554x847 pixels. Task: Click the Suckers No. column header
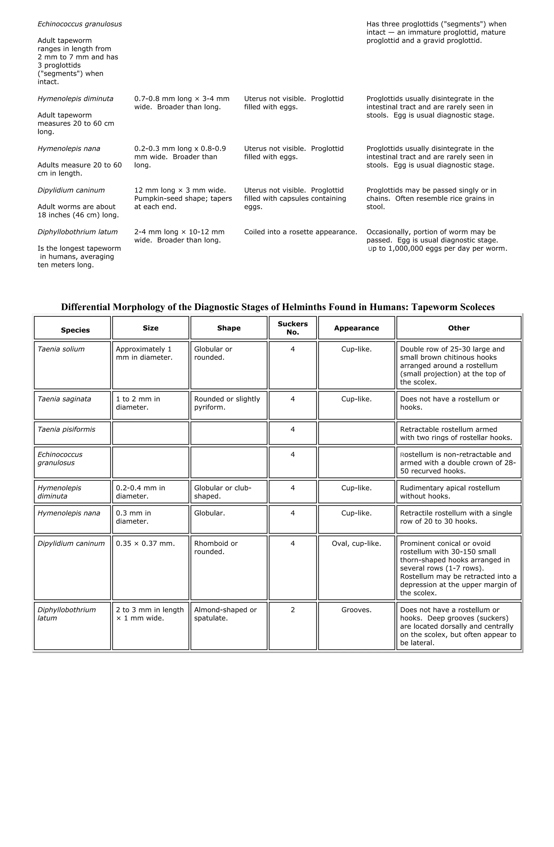coord(292,328)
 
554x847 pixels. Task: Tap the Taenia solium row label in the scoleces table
coord(61,349)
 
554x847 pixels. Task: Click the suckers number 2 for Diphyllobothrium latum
coord(292,610)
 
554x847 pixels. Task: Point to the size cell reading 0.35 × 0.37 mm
coord(145,543)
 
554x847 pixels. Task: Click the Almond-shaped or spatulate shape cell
coord(225,614)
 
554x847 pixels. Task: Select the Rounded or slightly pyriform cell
coord(227,403)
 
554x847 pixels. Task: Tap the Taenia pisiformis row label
coord(67,429)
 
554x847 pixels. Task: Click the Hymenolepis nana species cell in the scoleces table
coord(69,513)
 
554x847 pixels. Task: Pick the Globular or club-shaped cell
coord(223,492)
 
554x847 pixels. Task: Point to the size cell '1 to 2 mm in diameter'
coord(138,403)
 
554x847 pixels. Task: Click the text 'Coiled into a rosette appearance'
coord(300,232)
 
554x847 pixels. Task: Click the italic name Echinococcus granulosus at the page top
coord(80,24)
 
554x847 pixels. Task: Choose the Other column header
coord(458,328)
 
